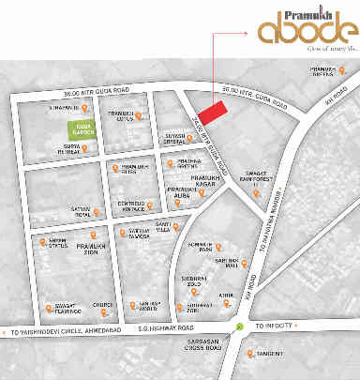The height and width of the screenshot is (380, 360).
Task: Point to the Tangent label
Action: [268, 354]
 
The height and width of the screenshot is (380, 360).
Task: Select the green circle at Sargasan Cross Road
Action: [241, 327]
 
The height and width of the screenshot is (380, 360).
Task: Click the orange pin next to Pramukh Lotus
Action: [140, 116]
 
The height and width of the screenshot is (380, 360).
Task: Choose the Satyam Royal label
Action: [82, 212]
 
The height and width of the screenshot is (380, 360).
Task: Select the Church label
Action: [102, 304]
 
